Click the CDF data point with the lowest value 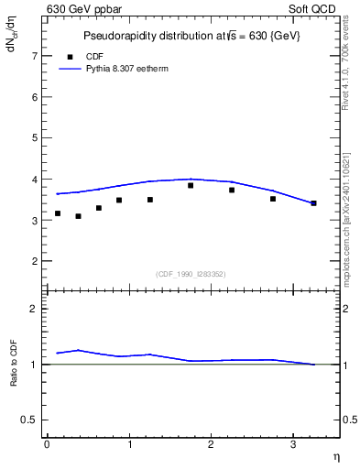[x=78, y=216]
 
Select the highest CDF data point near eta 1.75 [x=191, y=185]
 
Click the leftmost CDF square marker [x=58, y=213]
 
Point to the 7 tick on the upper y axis [x=37, y=56]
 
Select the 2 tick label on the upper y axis [x=37, y=262]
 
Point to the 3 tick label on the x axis [x=292, y=444]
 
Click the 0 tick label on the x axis [x=47, y=444]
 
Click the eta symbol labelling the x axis [x=335, y=455]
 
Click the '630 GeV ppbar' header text [x=83, y=9]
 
